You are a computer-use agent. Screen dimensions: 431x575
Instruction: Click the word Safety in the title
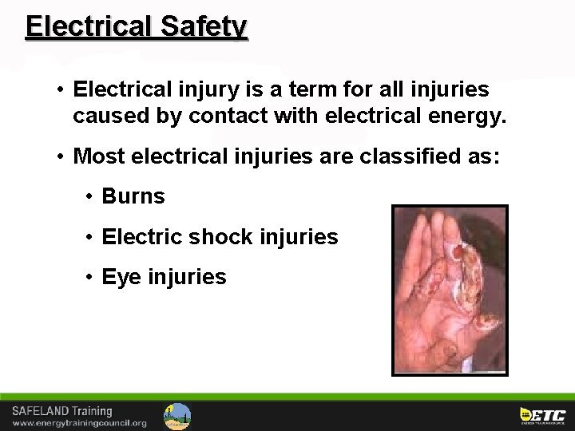click(x=204, y=26)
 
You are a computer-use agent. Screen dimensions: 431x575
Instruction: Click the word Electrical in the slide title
click(x=89, y=26)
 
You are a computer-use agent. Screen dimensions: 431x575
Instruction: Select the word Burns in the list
click(x=133, y=196)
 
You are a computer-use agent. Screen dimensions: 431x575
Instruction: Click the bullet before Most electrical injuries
click(x=61, y=156)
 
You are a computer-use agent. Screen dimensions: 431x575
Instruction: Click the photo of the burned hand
click(x=450, y=291)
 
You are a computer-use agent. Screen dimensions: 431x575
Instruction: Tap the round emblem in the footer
click(x=177, y=416)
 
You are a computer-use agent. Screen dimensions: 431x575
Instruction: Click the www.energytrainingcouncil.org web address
click(x=79, y=423)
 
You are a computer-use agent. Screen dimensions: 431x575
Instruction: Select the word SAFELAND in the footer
click(x=40, y=411)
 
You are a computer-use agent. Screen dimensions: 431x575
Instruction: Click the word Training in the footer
click(x=92, y=411)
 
